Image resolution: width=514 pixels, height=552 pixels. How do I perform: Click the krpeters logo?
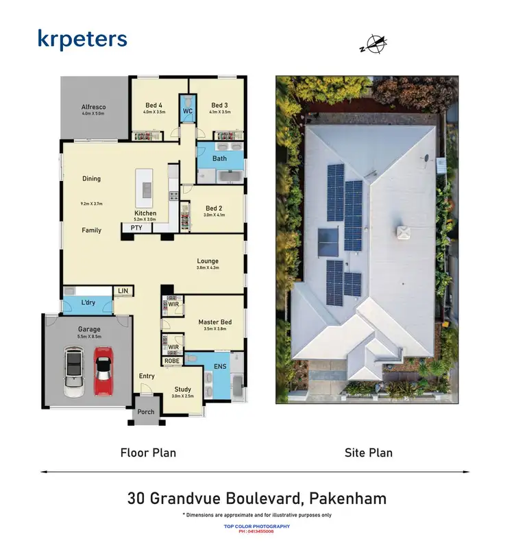point(82,39)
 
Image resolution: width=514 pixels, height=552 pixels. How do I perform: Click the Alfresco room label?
point(93,108)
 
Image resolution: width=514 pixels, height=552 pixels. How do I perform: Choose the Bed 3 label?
point(219,105)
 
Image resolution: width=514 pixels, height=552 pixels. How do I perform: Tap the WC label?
point(187,110)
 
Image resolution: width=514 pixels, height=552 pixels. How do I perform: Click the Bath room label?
point(219,158)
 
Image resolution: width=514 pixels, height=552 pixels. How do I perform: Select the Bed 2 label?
point(213,208)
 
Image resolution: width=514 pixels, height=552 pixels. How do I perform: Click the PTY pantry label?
point(136,228)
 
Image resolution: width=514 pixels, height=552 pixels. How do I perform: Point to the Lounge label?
point(208,261)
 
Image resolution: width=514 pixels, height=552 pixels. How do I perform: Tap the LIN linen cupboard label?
point(123,291)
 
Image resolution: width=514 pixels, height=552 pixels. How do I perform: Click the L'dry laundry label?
point(88,302)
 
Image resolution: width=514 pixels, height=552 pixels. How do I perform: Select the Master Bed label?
point(215,322)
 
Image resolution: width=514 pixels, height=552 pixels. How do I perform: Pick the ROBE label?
point(171,360)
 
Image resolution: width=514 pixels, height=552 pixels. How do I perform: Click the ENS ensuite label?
point(220,368)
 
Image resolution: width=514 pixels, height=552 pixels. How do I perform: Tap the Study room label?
point(182,389)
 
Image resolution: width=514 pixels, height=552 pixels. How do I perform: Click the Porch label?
point(146,412)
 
